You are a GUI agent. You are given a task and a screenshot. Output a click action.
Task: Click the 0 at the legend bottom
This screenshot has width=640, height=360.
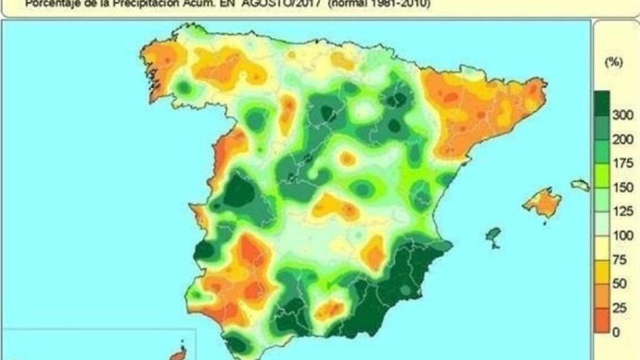pos(616,332)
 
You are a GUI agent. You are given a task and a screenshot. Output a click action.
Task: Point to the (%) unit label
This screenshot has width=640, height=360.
pos(612,63)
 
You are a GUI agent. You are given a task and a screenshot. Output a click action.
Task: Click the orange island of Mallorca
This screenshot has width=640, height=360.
pos(541,203)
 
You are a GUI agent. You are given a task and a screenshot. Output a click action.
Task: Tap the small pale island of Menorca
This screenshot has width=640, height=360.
pos(580,185)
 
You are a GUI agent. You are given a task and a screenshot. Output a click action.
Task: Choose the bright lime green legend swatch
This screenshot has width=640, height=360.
pos(601,176)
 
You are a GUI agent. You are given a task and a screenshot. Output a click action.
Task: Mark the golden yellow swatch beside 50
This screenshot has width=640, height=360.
pos(601,272)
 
